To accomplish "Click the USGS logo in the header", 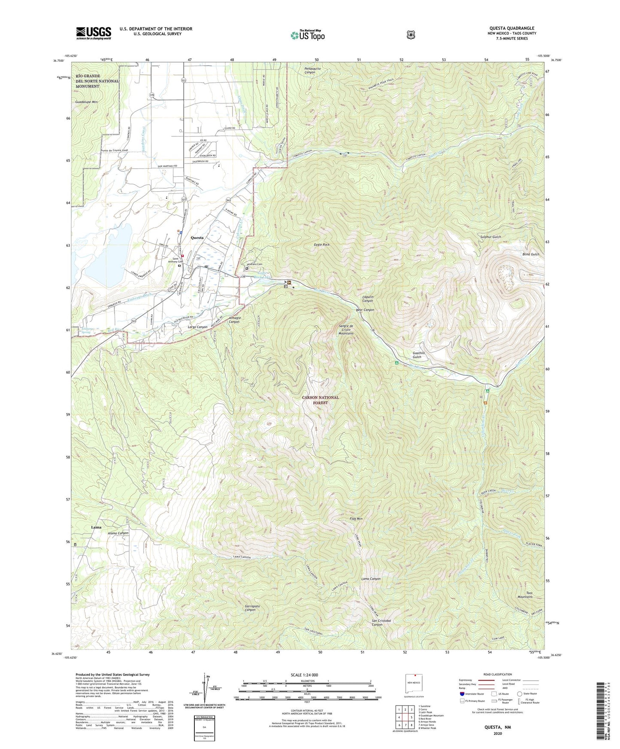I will point(94,33).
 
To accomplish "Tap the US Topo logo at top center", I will point(307,35).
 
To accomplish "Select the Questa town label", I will point(197,237).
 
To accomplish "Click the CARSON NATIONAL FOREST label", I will point(320,400).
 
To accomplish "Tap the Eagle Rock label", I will point(321,245).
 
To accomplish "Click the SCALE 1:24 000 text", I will point(304,675).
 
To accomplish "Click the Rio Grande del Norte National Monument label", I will point(97,81).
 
